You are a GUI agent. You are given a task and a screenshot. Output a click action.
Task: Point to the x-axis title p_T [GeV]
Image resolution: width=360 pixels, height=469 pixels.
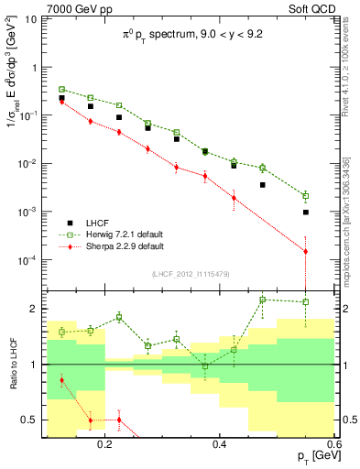tap(317, 455)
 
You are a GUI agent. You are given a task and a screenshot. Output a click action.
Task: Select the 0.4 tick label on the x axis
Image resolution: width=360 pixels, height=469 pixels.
tap(219, 442)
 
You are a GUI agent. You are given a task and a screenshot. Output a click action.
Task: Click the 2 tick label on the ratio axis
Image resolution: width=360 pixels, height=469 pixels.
tap(38, 309)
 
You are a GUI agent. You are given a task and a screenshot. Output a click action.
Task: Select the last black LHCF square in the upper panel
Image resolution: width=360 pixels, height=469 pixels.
tap(306, 212)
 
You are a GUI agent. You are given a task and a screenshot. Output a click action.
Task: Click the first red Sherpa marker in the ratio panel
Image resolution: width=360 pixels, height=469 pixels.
tap(62, 379)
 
